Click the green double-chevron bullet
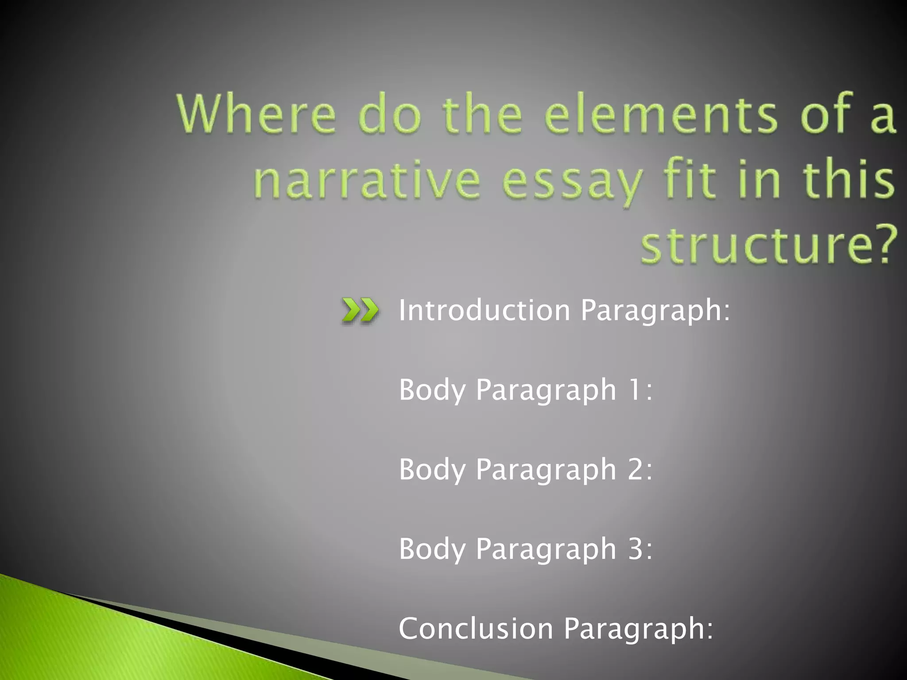point(360,311)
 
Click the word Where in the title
point(257,114)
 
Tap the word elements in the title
point(660,114)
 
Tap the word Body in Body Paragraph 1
point(431,390)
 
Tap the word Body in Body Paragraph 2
point(431,470)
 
